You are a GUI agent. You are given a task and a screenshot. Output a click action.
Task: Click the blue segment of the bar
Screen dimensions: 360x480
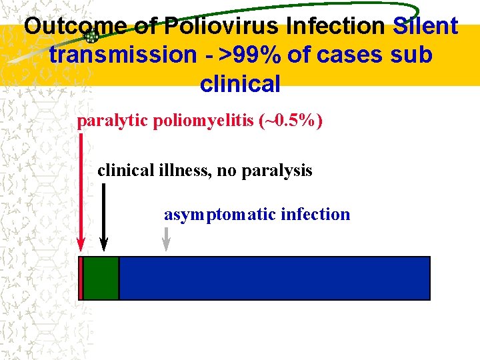tap(274, 278)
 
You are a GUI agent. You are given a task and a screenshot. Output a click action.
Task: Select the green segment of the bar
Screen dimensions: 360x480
tap(101, 278)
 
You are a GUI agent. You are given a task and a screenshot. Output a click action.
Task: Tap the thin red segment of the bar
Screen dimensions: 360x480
tap(81, 278)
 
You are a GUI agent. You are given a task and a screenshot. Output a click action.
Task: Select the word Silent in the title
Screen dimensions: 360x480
tap(425, 27)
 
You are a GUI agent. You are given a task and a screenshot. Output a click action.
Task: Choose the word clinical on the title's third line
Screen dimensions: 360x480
tap(240, 84)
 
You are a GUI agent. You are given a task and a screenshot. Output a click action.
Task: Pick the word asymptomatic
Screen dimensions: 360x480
tap(220, 215)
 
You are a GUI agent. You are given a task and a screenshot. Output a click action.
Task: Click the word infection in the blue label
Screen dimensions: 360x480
tap(315, 215)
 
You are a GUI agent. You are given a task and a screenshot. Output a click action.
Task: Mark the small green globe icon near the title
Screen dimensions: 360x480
tap(93, 37)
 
